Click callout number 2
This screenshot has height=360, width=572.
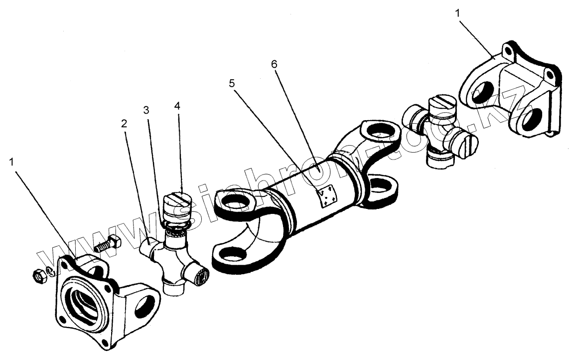[124, 123]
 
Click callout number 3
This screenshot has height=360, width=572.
[146, 110]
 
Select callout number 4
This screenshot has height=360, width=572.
[177, 106]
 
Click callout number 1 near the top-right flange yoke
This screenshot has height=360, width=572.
[458, 13]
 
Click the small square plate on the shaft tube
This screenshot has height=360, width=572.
[327, 195]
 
